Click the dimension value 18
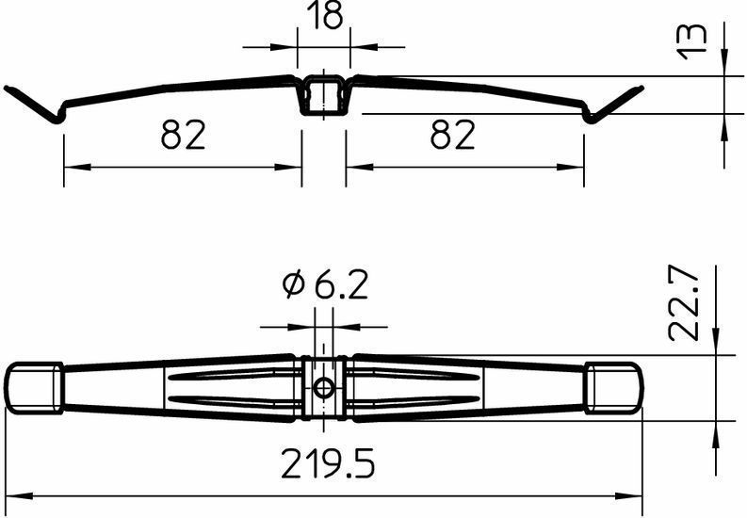coord(325,15)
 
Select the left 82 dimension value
coord(184,135)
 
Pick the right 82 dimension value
coord(452,135)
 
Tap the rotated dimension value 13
coord(692,41)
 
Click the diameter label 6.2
coord(342,285)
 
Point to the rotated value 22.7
coord(684,303)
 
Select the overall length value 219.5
coord(328,463)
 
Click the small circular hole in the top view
coord(324,388)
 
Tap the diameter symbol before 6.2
coord(293,285)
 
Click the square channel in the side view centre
coord(324,95)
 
